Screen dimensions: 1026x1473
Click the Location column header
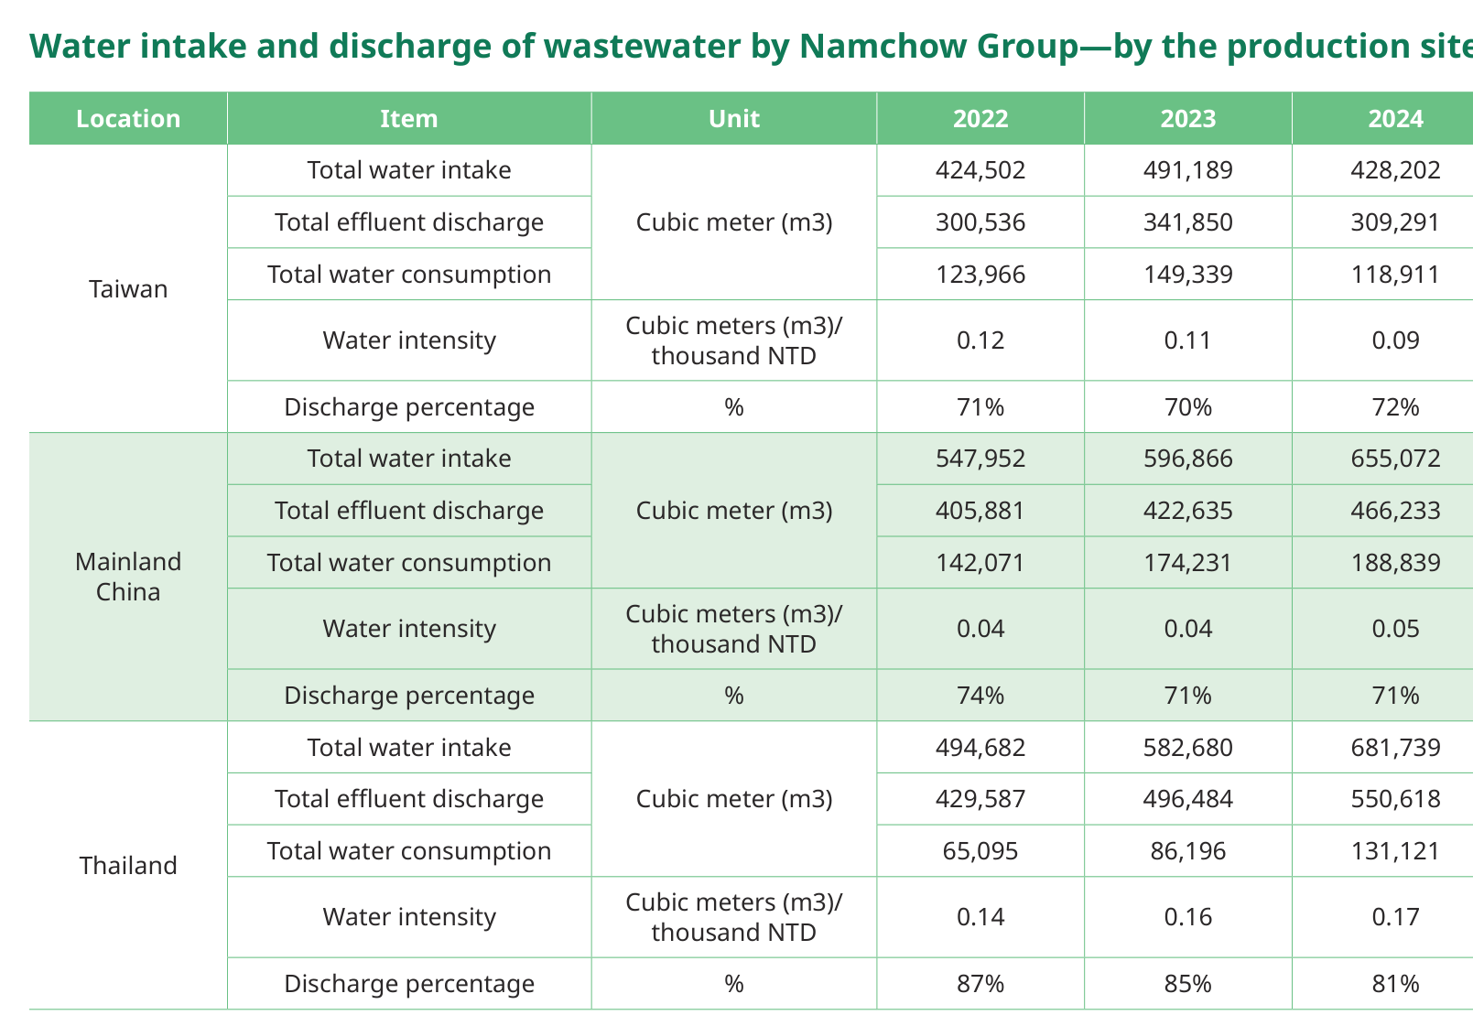pos(128,119)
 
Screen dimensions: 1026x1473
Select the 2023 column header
pos(1188,119)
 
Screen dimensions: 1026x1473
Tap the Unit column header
pos(734,119)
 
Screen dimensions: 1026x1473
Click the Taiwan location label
pos(128,289)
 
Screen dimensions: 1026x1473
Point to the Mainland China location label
pos(128,577)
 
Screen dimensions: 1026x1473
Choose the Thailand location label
pos(128,866)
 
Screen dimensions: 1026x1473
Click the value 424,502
pos(980,170)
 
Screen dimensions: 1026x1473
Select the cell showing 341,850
pos(1188,222)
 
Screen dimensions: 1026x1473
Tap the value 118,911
pos(1395,275)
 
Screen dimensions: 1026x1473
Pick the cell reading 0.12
pos(980,340)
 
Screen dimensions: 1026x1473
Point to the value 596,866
pos(1188,459)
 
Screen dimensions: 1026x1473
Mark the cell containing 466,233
pos(1395,511)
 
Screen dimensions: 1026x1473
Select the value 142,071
pos(980,563)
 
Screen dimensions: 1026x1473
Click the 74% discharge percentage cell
pos(980,696)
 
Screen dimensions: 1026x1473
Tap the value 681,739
pos(1395,748)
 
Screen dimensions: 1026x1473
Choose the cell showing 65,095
pos(980,851)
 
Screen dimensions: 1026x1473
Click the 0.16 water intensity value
pos(1188,917)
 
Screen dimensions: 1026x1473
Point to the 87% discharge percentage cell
pos(980,984)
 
